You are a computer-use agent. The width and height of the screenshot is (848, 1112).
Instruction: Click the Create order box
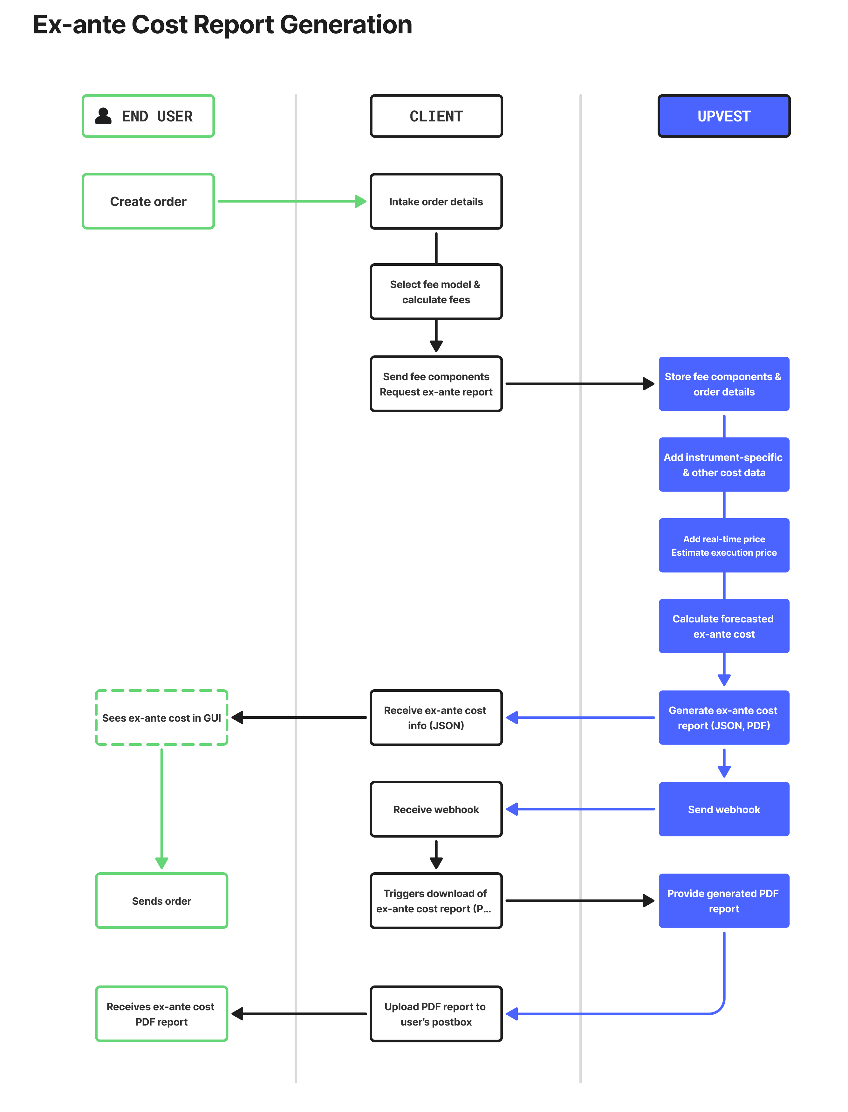148,202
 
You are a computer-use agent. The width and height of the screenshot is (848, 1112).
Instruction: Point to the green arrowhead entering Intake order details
360,202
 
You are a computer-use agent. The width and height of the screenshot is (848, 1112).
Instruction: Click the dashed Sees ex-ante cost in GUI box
161,718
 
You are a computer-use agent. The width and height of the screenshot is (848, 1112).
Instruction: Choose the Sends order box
161,901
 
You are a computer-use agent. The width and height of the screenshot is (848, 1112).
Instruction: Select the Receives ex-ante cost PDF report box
161,1014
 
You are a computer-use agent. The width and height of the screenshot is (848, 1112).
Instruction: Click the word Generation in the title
346,24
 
